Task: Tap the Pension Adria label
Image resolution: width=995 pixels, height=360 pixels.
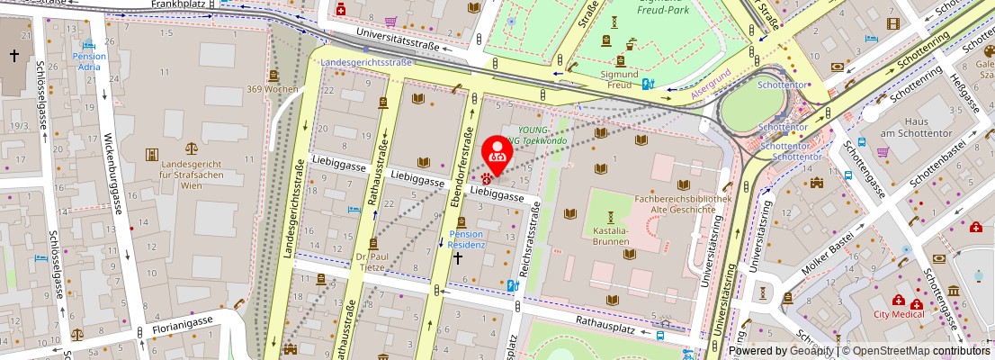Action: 89,61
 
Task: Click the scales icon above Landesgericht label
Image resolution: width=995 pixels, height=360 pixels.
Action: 191,147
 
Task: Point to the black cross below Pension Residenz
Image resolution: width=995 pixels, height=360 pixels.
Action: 457,258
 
